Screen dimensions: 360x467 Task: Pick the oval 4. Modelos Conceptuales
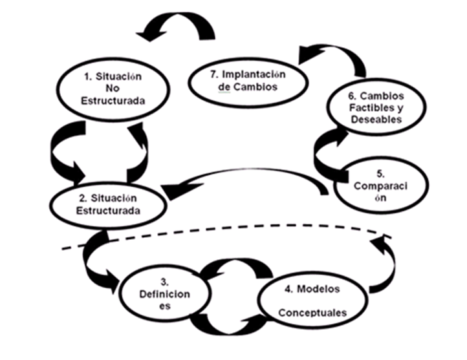pos(312,300)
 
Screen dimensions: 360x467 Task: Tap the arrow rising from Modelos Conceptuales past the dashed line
pos(380,262)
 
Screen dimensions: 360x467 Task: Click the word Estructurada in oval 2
pos(114,209)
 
